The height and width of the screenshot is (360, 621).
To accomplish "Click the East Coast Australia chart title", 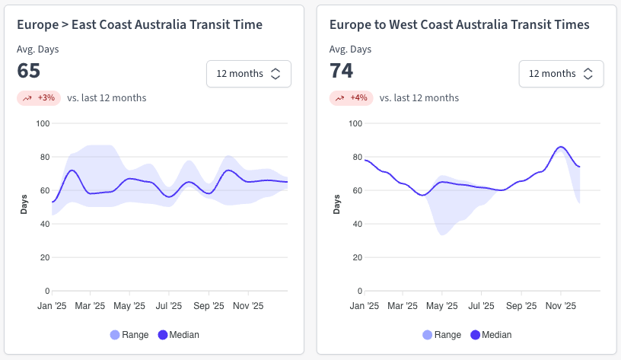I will pos(139,25).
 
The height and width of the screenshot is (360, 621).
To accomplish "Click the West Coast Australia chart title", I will pos(459,25).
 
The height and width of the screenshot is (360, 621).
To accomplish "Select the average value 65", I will pos(29,71).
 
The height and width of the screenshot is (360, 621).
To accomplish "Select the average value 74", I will pos(341,71).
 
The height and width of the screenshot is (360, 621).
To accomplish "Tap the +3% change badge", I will pos(38,97).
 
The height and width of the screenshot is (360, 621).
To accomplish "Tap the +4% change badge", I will pos(350,97).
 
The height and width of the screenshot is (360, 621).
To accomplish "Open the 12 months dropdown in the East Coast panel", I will pos(248,74).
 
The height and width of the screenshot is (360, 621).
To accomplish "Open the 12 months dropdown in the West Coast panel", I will pos(561,74).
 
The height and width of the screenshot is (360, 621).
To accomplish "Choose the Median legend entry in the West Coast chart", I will pos(491,335).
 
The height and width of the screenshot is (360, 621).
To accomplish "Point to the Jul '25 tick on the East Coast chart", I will pos(169,306).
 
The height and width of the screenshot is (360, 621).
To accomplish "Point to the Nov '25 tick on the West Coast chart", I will pos(560,306).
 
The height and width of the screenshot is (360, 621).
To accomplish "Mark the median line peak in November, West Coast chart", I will pos(561,147).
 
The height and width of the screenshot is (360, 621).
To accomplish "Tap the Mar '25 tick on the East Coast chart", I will pos(90,306).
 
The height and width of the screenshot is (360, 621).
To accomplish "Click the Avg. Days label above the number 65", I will pos(37,49).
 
